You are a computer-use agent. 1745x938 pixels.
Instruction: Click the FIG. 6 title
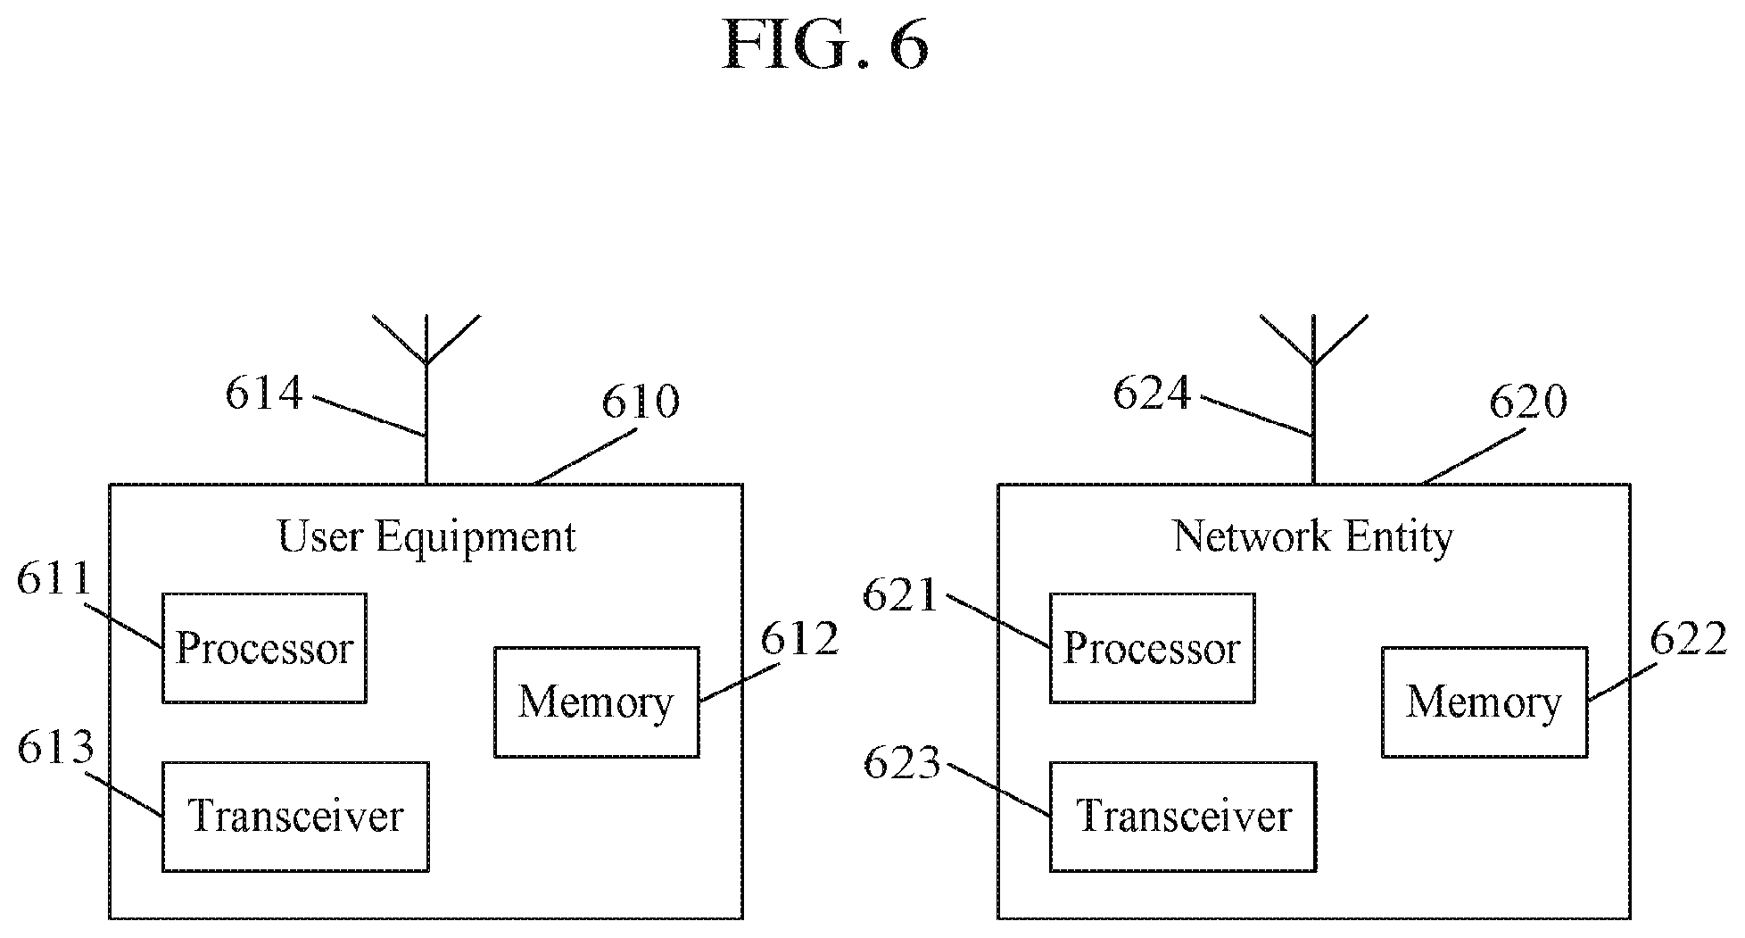coord(825,44)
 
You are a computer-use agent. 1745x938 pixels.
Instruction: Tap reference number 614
coord(264,394)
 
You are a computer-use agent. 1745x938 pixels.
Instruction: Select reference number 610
coord(640,403)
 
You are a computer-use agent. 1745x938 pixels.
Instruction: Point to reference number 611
coord(54,580)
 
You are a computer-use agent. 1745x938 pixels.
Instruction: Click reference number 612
coord(799,639)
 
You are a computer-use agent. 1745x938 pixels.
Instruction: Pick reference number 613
coord(55,748)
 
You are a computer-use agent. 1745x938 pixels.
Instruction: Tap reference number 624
coord(1152,394)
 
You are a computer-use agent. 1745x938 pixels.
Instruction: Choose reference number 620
coord(1528,403)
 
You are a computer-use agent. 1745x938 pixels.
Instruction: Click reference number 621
coord(900,595)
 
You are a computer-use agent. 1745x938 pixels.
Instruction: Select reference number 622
coord(1689,639)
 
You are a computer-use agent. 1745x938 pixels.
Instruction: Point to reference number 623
coord(902,764)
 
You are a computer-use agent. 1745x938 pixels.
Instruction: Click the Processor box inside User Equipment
coord(264,648)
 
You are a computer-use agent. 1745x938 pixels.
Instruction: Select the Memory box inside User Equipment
coord(597,702)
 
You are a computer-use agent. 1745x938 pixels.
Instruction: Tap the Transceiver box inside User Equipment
coord(295,817)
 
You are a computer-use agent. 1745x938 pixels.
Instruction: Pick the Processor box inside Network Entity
coord(1152,648)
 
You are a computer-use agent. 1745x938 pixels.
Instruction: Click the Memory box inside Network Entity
coord(1484,702)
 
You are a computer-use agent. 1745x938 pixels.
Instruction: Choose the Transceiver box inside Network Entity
coord(1183,817)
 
